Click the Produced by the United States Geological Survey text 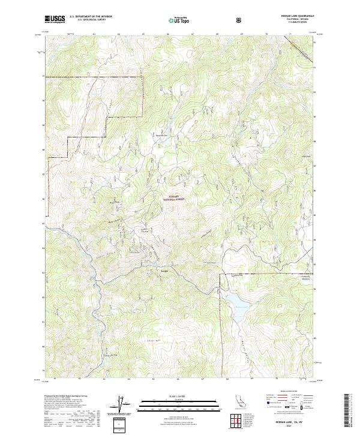tap(66, 397)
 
